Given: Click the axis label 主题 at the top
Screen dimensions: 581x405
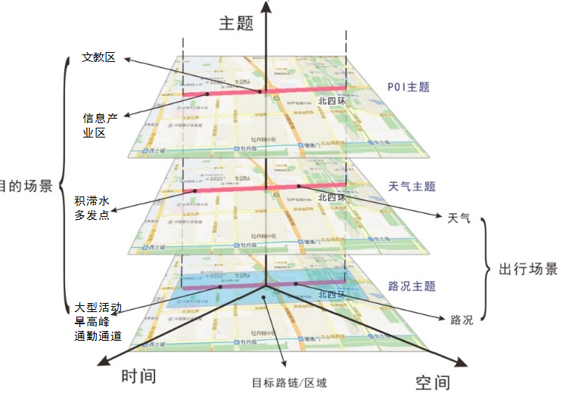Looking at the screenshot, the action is pos(235,23).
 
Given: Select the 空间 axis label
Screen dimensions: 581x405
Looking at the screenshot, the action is pos(433,383).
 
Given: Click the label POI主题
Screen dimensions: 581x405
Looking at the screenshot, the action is pos(408,87).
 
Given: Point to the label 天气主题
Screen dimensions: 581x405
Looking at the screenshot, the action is pos(412,186).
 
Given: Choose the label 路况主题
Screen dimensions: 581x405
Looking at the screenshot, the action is pos(412,286).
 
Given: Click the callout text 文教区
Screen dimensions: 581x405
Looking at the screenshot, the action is pos(99,57).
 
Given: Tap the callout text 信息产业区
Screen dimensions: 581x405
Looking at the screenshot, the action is pos(101,125).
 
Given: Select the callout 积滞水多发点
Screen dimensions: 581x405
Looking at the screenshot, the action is pos(92,208).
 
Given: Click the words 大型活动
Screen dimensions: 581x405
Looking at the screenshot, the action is pos(98,308).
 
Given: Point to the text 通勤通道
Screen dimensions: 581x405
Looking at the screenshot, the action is pos(98,336).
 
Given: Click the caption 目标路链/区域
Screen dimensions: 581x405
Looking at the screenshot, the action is pos(290,382).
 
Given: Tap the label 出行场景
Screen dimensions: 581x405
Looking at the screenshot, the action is pos(529,269).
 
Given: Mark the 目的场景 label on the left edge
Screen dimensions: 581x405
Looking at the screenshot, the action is pos(26,186).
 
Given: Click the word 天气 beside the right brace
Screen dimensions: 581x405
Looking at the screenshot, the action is pos(459,218).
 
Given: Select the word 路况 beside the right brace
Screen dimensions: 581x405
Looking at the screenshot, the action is pos(461,320).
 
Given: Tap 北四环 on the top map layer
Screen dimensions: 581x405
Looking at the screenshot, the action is pos(331,100).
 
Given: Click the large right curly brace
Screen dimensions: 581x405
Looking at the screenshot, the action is pos(487,269).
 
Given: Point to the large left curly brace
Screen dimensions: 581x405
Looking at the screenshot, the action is pos(64,186).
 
